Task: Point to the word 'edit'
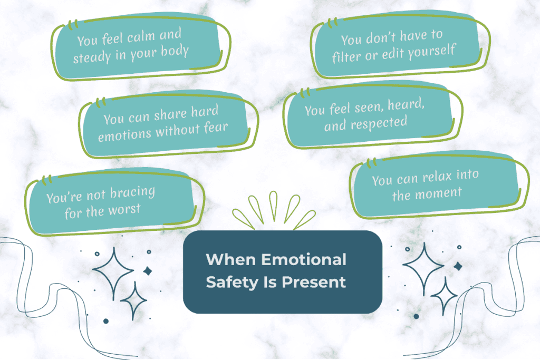pos(397,54)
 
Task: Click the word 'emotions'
pos(124,133)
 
